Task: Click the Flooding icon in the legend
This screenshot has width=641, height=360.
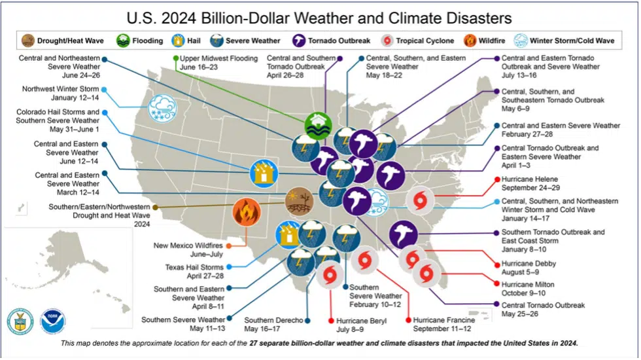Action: coord(123,41)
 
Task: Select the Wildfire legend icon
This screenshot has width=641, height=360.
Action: coord(470,41)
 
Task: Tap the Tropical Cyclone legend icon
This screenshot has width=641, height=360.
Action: coord(387,41)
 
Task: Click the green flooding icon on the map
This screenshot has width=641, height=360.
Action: coord(318,126)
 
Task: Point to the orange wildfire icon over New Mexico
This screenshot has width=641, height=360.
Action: coord(247,212)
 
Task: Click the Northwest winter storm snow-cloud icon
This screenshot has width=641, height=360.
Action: coord(163,109)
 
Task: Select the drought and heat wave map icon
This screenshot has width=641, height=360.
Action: coord(300,202)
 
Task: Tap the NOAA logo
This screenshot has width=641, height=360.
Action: coord(53,321)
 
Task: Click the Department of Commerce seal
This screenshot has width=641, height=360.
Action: coord(20,321)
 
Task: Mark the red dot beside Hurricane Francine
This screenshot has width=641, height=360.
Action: coord(408,320)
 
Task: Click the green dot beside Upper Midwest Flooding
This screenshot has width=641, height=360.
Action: coord(176,58)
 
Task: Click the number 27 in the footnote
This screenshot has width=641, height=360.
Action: coord(254,343)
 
